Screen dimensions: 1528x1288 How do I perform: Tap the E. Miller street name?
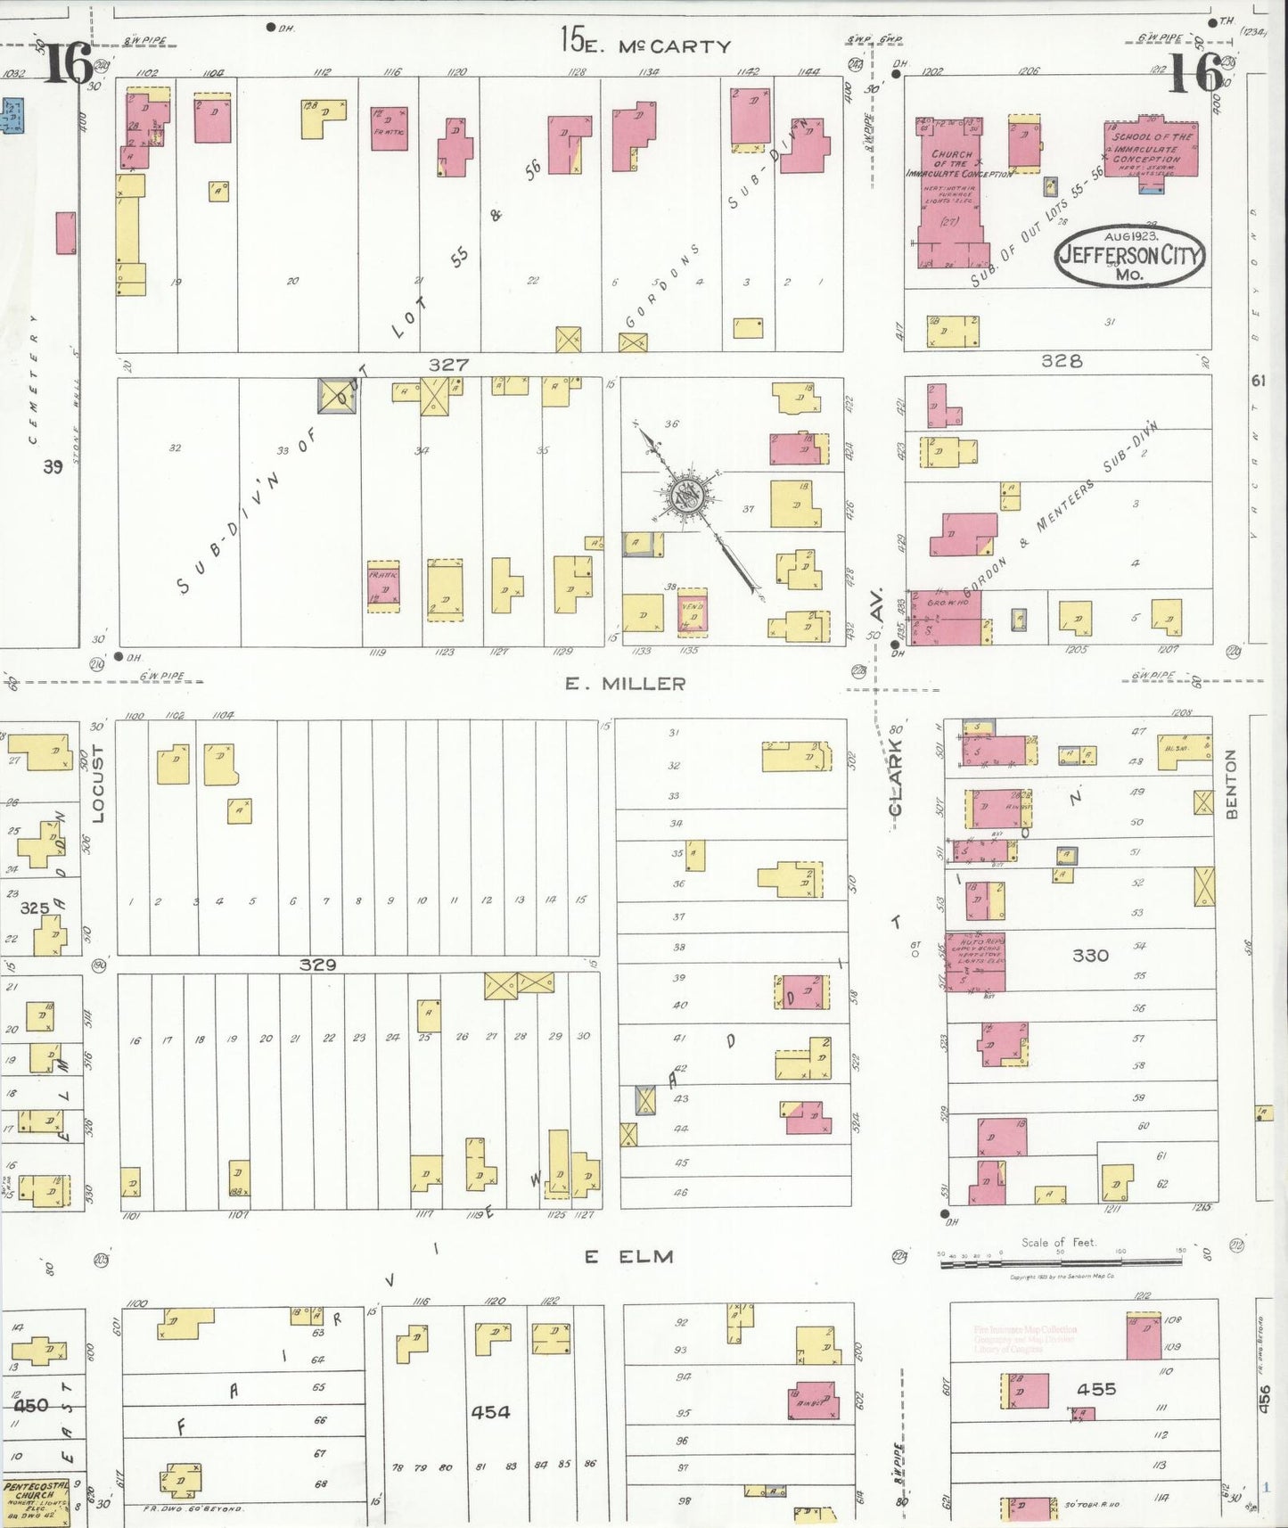coord(626,684)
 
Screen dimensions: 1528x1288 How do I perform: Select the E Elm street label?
coord(629,1256)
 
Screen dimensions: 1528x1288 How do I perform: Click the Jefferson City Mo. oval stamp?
coord(1129,256)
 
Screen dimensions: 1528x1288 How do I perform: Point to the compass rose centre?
coord(688,497)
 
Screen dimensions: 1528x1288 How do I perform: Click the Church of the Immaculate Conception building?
coord(951,192)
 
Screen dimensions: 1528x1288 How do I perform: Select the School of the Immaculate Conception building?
coord(1151,148)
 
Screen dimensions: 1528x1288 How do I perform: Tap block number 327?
coord(448,365)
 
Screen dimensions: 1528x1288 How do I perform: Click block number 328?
coord(1062,361)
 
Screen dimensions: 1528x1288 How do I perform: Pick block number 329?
coord(317,965)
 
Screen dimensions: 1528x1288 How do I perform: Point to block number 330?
coord(1090,956)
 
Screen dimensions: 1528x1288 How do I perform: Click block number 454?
coord(490,1411)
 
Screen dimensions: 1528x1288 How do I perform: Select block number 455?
coord(1095,1389)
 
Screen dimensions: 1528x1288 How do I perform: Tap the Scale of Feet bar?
coord(1061,1261)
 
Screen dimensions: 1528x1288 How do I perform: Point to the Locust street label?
coord(98,783)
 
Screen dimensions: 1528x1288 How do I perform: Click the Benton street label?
coord(1231,784)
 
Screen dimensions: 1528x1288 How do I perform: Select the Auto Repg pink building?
coord(976,962)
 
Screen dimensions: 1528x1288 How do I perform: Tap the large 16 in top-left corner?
coord(68,63)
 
